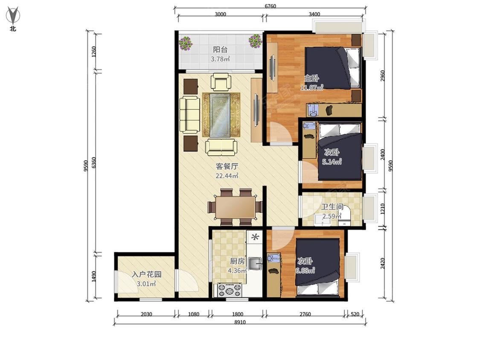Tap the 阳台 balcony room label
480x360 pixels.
pyautogui.click(x=220, y=49)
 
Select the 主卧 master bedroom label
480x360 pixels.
pyautogui.click(x=311, y=78)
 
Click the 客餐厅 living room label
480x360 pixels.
pyautogui.click(x=227, y=166)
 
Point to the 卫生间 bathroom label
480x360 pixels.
pyautogui.click(x=332, y=207)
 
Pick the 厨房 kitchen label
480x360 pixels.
pyautogui.click(x=237, y=261)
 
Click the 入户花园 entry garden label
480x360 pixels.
pyautogui.click(x=146, y=274)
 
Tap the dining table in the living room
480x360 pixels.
pyautogui.click(x=235, y=207)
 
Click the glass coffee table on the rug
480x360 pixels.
pyautogui.click(x=220, y=114)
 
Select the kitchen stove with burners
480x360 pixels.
pyautogui.click(x=230, y=290)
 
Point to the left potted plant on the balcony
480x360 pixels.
pyautogui.click(x=186, y=44)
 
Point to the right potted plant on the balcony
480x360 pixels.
pyautogui.click(x=255, y=41)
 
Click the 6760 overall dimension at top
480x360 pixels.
pyautogui.click(x=270, y=6)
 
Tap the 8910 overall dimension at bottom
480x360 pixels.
pyautogui.click(x=240, y=322)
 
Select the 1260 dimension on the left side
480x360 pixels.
pyautogui.click(x=94, y=52)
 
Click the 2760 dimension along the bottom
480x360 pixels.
pyautogui.click(x=305, y=314)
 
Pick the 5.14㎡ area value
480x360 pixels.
pyautogui.click(x=332, y=161)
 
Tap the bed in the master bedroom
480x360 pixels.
pyautogui.click(x=333, y=68)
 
